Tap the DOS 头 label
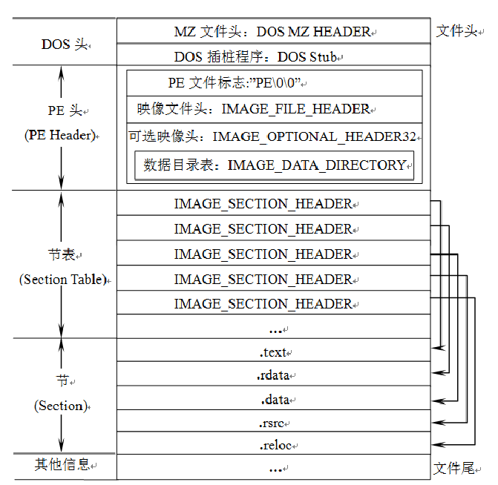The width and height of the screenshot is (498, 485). coord(64,44)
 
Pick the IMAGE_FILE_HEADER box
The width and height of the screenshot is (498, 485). coord(275,109)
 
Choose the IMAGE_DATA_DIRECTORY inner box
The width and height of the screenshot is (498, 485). coord(275,165)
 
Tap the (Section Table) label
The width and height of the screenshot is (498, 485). coord(63,280)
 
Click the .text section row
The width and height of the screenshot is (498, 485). coord(273,352)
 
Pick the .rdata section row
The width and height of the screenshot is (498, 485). coord(273,375)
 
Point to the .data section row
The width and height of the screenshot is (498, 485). coord(273,400)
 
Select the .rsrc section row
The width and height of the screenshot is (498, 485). coord(273,423)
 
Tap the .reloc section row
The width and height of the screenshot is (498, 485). coord(273,446)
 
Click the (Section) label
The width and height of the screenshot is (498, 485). coord(61,406)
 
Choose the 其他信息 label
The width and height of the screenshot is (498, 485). coord(64,465)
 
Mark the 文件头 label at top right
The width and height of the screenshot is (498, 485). coord(456,31)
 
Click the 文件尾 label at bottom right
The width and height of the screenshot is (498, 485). coord(454,469)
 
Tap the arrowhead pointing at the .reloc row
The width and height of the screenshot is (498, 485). coord(436,445)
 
